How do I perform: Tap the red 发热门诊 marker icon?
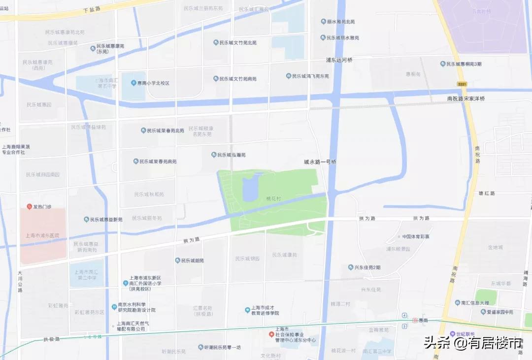point(30,207)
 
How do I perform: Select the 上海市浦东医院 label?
point(42,236)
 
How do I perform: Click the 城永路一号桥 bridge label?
point(320,162)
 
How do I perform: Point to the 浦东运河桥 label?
point(339,60)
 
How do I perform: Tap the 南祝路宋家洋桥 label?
point(465,99)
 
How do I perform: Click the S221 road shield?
point(462,84)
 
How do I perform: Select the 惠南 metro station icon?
point(415,320)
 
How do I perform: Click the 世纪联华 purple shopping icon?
point(452,334)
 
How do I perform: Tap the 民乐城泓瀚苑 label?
point(232,155)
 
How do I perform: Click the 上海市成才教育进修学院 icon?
point(247,310)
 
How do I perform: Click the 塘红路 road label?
point(486,193)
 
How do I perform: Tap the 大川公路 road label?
point(20,281)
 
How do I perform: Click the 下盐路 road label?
point(92,9)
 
